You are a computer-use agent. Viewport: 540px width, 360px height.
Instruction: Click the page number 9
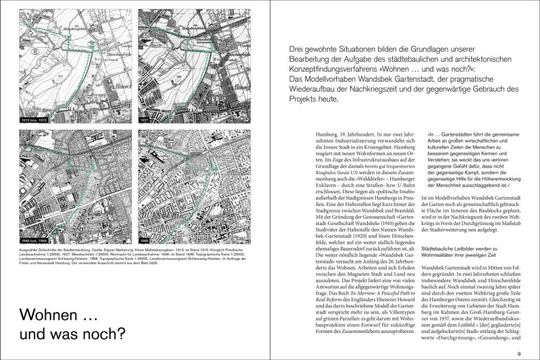[x=519, y=353]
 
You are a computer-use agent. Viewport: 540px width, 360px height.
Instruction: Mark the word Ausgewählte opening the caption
[x=32, y=249]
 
